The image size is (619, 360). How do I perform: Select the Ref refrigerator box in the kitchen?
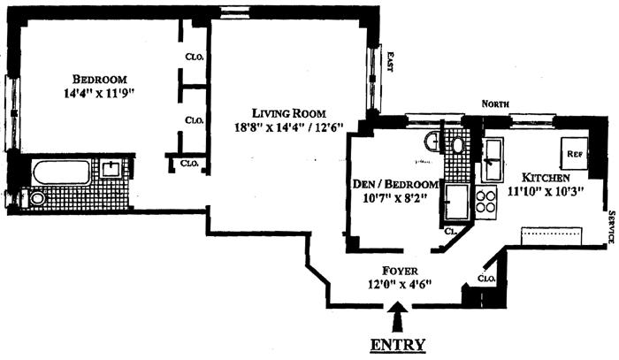574,153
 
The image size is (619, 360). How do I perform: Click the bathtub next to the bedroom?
61,171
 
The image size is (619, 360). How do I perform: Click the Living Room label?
289,113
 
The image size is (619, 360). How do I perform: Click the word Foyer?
394,270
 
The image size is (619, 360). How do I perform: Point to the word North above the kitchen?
496,104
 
